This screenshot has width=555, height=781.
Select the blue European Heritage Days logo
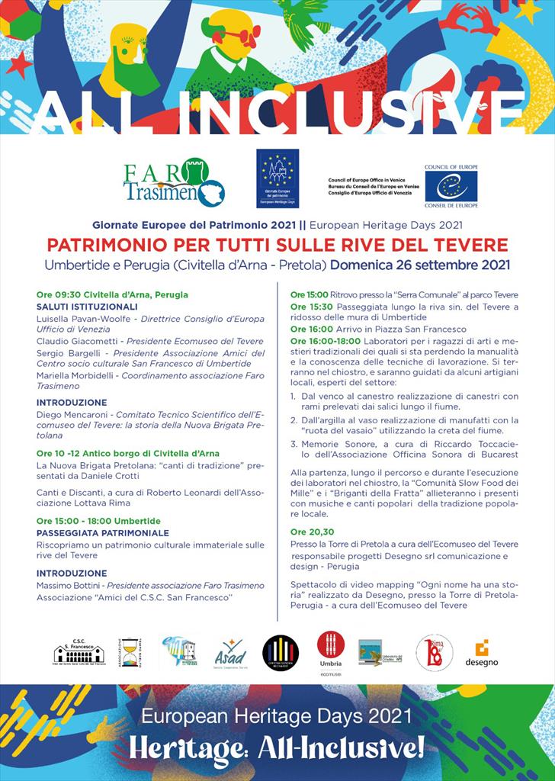pos(277,178)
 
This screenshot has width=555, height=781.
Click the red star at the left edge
pos(17,65)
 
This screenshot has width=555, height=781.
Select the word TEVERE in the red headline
pos(473,246)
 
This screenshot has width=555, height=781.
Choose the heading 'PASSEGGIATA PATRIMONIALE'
pos(103,533)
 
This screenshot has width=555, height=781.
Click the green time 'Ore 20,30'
pos(312,532)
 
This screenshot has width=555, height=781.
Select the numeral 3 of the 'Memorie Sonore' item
pos(294,442)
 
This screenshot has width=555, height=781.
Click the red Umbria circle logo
pos(330,644)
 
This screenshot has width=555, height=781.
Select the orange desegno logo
pos(481,653)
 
